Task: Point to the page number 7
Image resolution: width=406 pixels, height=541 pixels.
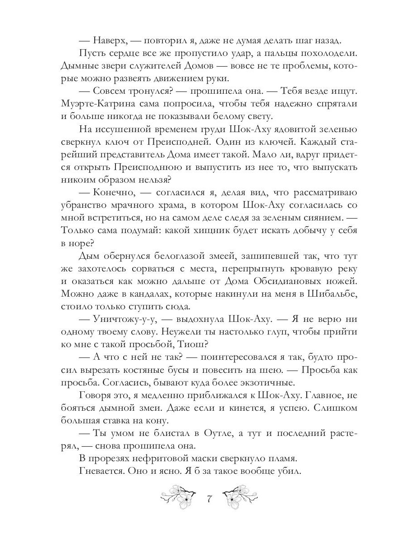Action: [x=209, y=499]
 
